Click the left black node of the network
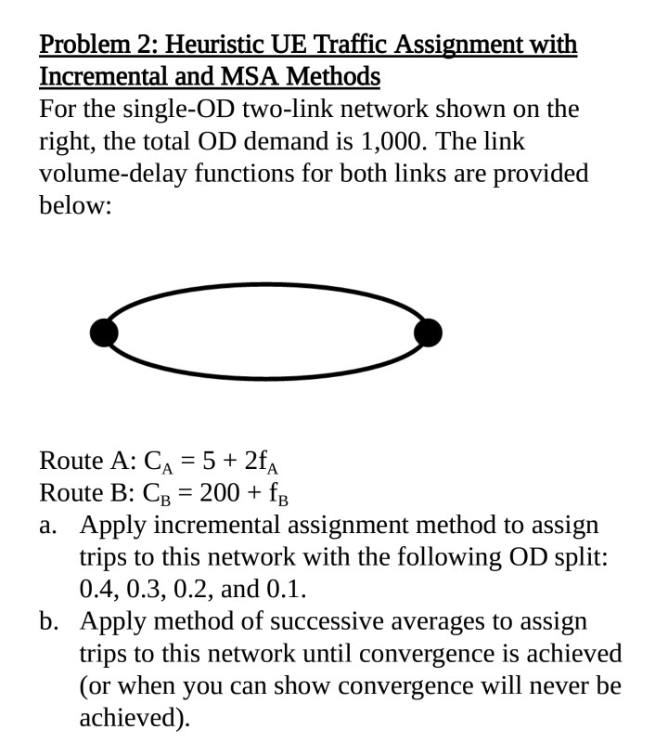pyautogui.click(x=105, y=331)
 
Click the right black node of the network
pyautogui.click(x=427, y=331)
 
